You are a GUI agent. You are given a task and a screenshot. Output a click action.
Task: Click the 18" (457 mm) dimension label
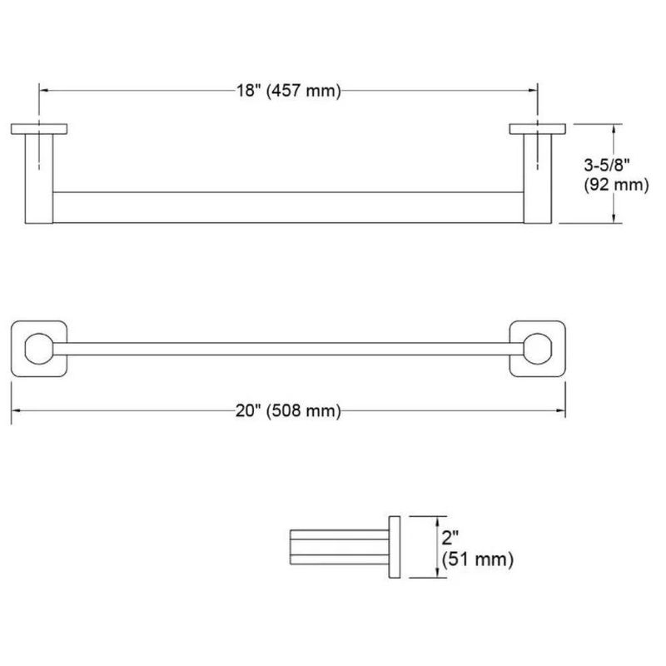[x=288, y=91]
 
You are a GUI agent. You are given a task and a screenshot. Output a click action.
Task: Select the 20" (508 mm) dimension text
[x=288, y=410]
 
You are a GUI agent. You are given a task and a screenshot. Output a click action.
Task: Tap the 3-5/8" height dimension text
[x=607, y=164]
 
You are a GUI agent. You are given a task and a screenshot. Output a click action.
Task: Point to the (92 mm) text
[x=616, y=185]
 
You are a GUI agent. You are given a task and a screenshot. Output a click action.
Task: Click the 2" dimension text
[x=450, y=538]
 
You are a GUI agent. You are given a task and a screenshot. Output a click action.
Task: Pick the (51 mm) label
[x=477, y=559]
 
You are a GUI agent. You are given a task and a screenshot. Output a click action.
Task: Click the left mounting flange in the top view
[x=39, y=129]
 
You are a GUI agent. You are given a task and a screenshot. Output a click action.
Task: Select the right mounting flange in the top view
[x=537, y=129]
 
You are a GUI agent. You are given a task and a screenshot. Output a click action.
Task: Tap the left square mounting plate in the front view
[x=17, y=349]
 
